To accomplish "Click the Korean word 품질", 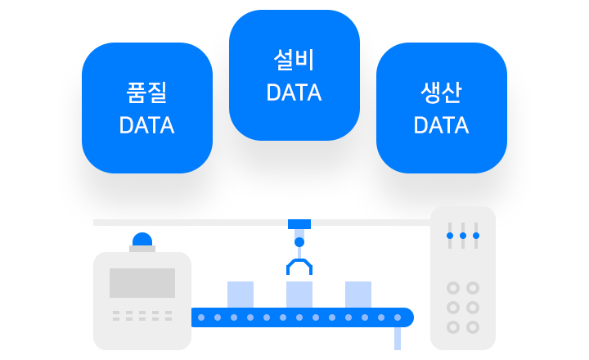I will click(x=147, y=93).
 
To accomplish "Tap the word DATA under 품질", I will click(x=147, y=126).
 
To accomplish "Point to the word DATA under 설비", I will click(x=294, y=93).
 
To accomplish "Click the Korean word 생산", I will click(x=441, y=93).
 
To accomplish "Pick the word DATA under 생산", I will click(x=441, y=126).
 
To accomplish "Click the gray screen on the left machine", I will click(x=142, y=283).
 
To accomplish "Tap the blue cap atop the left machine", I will click(x=142, y=238).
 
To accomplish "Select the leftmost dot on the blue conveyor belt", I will click(x=201, y=317).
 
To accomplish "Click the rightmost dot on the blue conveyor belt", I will click(x=398, y=317).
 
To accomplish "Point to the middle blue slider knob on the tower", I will click(x=463, y=236).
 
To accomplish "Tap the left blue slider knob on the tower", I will click(x=449, y=236).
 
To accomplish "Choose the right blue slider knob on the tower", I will click(x=476, y=236).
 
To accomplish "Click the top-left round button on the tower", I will click(x=452, y=288).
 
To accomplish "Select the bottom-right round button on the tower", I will click(x=473, y=327).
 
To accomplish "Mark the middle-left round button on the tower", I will click(x=452, y=308).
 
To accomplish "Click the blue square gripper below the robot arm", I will click(x=299, y=267).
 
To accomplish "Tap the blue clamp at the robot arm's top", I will click(x=299, y=232).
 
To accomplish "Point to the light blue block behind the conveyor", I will click(x=314, y=292).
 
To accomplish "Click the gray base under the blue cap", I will click(x=142, y=248).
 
